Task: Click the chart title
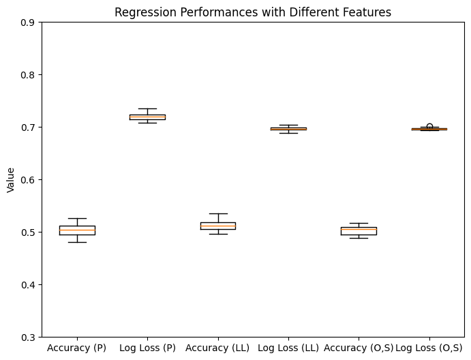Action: coord(253,12)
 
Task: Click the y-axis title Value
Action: coord(10,180)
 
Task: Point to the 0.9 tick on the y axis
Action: coord(27,22)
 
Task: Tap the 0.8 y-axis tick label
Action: coord(27,75)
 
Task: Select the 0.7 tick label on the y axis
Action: coord(27,127)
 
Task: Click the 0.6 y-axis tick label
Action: coord(27,180)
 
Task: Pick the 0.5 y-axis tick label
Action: coord(27,232)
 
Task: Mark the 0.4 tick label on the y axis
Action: coord(27,285)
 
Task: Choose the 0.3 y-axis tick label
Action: coord(27,337)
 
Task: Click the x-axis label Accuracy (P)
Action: coord(77,348)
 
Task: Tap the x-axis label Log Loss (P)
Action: coord(147,348)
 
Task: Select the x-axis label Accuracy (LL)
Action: coord(217,348)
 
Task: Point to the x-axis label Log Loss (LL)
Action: coord(288,348)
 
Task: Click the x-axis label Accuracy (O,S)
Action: coord(359,348)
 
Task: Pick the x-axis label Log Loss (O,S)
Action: coord(429,348)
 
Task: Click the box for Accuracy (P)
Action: coord(77,230)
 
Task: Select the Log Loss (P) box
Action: coord(147,117)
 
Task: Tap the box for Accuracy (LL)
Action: coord(217,226)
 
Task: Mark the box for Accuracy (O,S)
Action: coord(359,231)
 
